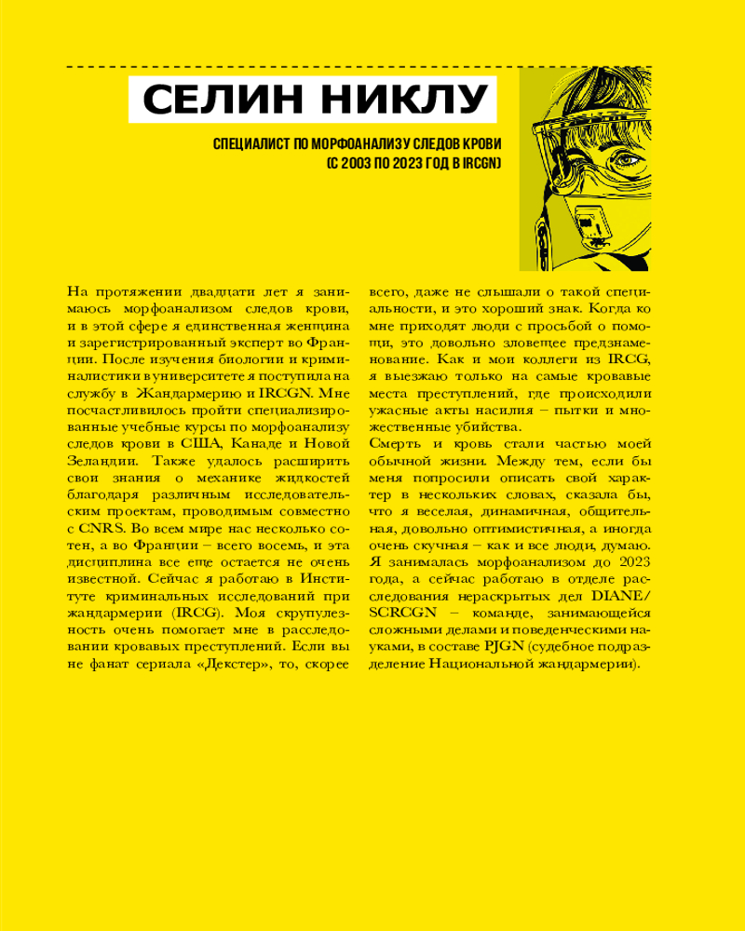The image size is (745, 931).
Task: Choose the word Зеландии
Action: (x=102, y=462)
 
